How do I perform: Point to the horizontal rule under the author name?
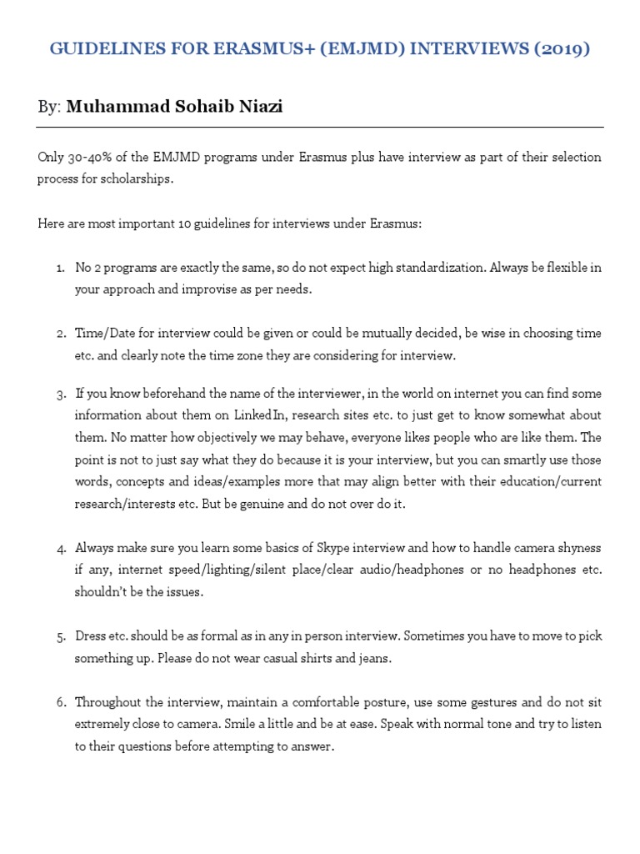pos(320,128)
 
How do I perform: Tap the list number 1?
pos(60,268)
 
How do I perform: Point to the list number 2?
pos(61,334)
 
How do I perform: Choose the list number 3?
pos(61,394)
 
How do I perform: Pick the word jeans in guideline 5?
pos(374,658)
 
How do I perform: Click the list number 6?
pos(61,702)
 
